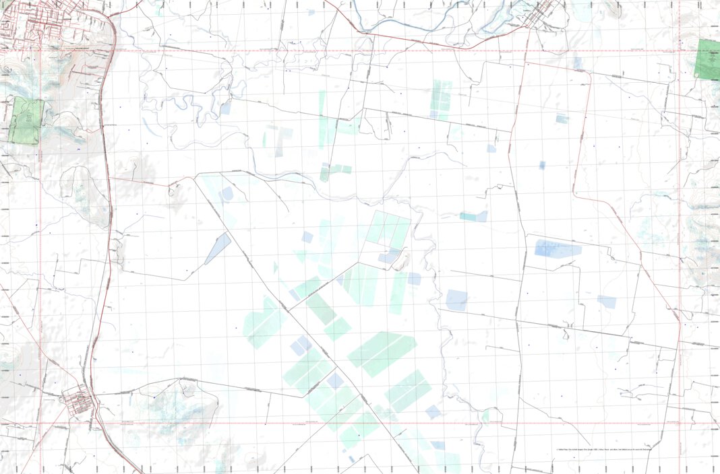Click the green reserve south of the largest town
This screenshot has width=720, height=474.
click(27, 121)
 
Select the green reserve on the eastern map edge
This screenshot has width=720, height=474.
click(708, 59)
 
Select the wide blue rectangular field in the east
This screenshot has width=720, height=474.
click(558, 249)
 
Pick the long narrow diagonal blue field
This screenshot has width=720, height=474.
click(218, 248)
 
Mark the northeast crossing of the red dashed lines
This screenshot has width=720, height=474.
click(680, 50)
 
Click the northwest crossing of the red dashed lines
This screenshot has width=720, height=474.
click(40, 50)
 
